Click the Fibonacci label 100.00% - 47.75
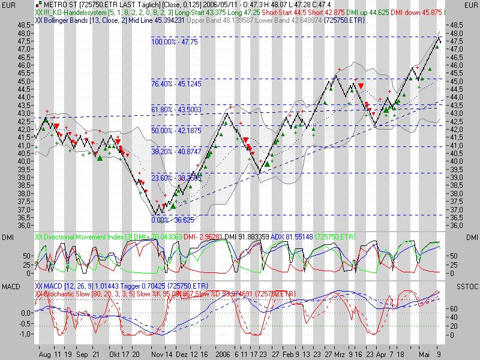pyautogui.click(x=174, y=43)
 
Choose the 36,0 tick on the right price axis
pyautogui.click(x=457, y=226)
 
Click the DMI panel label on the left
pyautogui.click(x=8, y=238)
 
